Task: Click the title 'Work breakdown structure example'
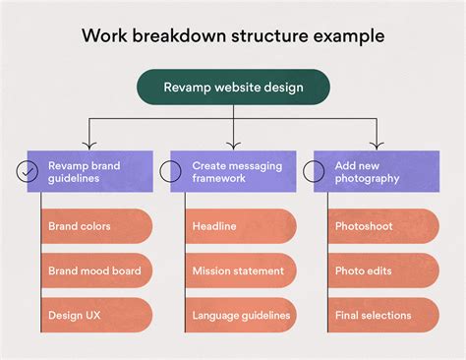(233, 35)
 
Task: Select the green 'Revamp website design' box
(233, 87)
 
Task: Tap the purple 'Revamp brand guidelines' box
(89, 171)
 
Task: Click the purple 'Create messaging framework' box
(233, 171)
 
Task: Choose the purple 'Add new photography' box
(376, 171)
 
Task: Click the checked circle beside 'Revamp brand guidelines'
(28, 171)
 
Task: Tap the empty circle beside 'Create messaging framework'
(171, 171)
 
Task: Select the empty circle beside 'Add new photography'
(315, 171)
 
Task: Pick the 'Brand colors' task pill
(96, 226)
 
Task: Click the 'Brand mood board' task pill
(96, 270)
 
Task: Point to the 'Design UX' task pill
(96, 315)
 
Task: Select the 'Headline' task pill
(240, 226)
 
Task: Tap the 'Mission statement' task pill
(240, 270)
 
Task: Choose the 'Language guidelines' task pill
(240, 315)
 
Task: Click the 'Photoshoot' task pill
(382, 226)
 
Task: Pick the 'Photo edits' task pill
(382, 270)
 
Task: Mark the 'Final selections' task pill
(382, 315)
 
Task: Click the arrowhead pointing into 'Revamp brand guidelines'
(89, 145)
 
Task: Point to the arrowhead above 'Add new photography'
(376, 145)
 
